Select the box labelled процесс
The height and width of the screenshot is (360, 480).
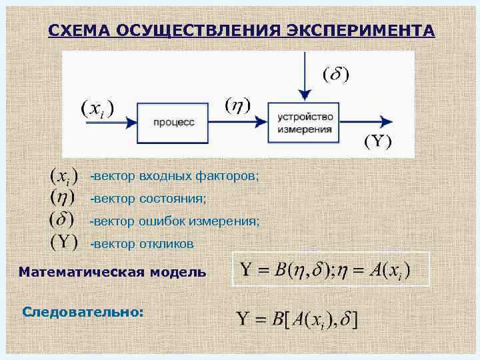click(173, 122)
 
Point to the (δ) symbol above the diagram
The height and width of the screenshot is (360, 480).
click(336, 73)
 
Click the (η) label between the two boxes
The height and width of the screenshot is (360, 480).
click(237, 105)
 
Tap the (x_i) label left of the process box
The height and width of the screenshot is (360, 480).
click(97, 108)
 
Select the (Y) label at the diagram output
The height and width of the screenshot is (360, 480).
click(377, 141)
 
